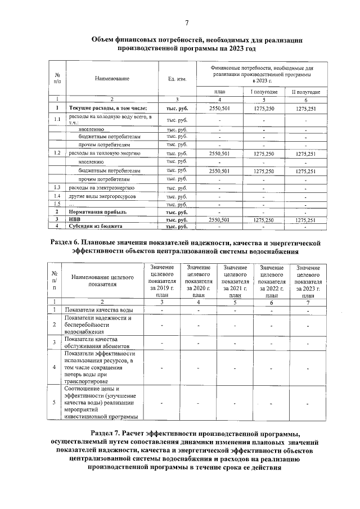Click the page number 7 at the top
coord(186,22)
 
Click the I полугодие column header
coord(264,92)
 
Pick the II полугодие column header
coord(305,92)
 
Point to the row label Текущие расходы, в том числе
coord(108,107)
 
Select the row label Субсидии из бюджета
coord(96,226)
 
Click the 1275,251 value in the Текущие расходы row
coord(305,107)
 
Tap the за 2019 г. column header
coord(163,287)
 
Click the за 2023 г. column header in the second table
coord(308,287)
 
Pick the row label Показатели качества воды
coord(99,310)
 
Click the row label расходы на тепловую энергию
coord(104,153)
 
